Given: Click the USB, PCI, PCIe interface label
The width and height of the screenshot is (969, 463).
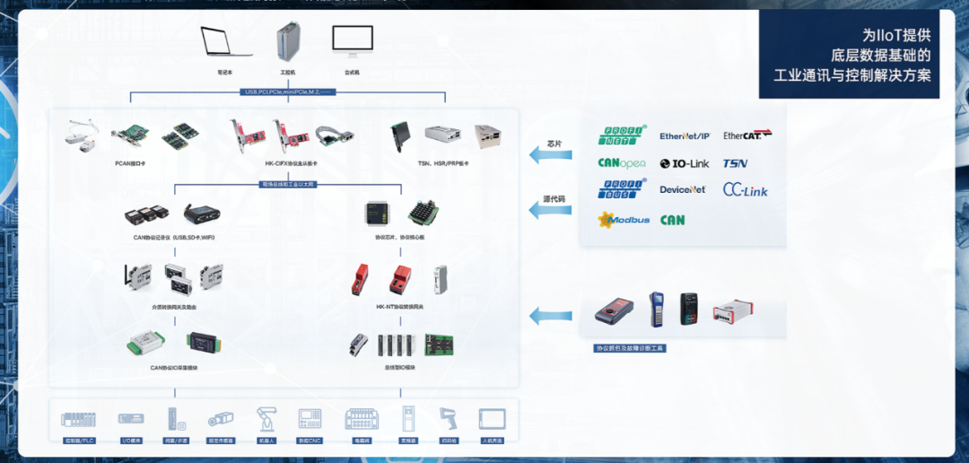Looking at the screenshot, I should coord(290,92).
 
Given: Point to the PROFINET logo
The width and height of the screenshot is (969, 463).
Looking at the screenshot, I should coord(622,135).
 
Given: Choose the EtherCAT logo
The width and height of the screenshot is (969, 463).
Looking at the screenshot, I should coord(747,135).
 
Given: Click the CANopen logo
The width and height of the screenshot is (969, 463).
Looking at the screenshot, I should coord(622,163).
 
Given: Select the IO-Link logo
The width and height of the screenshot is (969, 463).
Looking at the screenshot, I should coord(685,163).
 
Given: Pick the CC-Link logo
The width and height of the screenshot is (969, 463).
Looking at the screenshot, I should coord(746,190).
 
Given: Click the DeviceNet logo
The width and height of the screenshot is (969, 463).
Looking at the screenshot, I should coord(683,190).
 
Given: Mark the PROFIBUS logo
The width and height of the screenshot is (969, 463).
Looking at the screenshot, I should coord(622,189).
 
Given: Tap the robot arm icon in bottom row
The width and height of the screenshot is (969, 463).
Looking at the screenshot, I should coord(266,419).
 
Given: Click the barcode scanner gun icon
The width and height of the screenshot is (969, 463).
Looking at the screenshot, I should coord(448,419).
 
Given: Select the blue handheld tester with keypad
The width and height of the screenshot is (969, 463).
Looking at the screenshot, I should coord(657,310).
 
